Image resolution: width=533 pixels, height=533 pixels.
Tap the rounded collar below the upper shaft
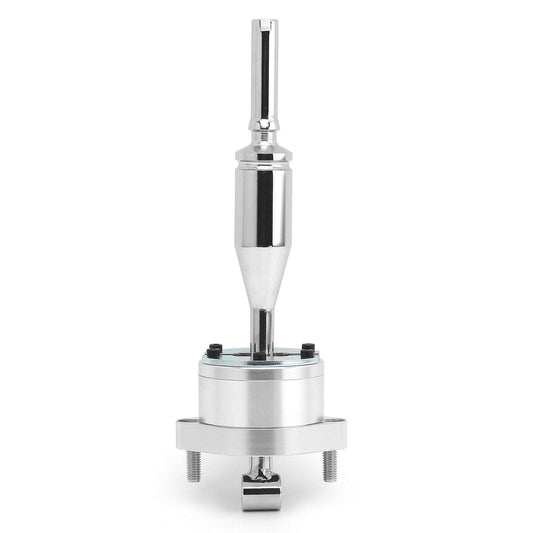tap(266, 131)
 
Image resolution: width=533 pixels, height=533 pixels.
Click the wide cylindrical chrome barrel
tap(266, 205)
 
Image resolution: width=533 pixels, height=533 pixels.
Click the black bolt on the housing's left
tap(214, 348)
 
